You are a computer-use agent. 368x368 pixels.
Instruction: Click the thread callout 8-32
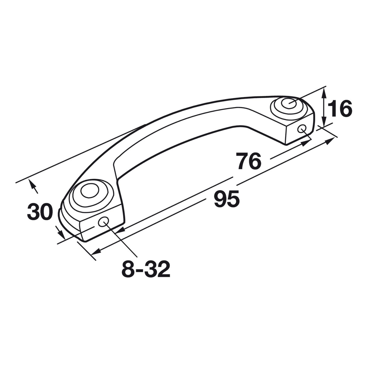(x=146, y=269)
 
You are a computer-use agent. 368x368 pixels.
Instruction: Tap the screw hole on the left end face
(x=104, y=222)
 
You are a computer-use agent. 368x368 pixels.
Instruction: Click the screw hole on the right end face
(x=302, y=129)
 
